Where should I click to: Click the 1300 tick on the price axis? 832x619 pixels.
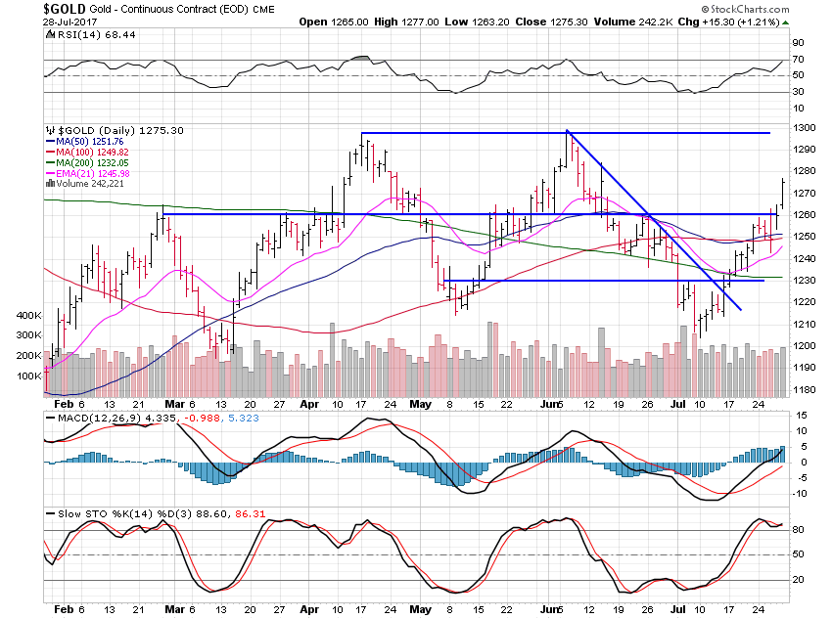pyautogui.click(x=802, y=128)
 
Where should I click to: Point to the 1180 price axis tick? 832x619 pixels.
pyautogui.click(x=802, y=389)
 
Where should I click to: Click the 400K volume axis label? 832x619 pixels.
pyautogui.click(x=27, y=317)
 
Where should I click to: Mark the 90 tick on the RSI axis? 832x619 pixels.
pyautogui.click(x=798, y=44)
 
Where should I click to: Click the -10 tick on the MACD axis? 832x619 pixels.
pyautogui.click(x=800, y=493)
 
